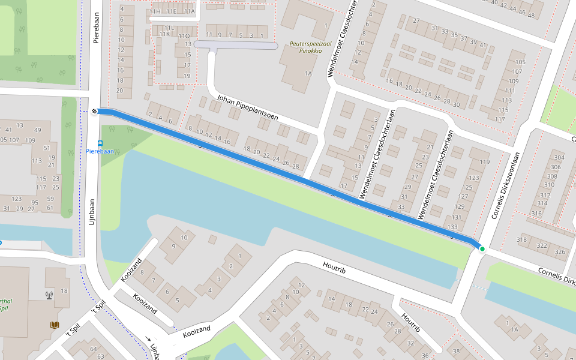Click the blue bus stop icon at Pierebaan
[100, 143]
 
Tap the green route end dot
[482, 248]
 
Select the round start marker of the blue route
[95, 111]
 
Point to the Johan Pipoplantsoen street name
[248, 108]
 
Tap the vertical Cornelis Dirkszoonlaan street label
[504, 184]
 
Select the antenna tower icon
[49, 295]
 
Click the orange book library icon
[55, 325]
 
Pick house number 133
[452, 227]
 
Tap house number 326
[560, 251]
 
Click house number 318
[522, 240]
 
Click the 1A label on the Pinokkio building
[308, 73]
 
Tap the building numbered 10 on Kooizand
[184, 238]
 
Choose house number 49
[38, 130]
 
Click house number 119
[485, 162]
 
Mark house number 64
[93, 349]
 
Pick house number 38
[456, 351]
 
